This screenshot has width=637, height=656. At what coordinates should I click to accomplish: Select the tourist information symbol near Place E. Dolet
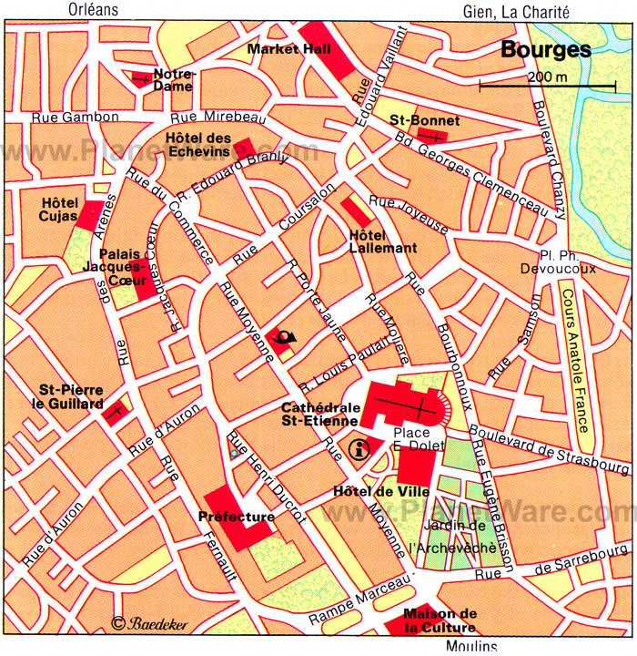359,448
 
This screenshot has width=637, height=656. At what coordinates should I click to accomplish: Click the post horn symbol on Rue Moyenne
283,341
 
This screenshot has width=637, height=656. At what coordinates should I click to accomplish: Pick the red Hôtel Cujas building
91,215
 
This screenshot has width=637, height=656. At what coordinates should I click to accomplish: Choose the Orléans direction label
93,10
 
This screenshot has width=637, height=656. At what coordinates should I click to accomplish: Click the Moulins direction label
471,646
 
